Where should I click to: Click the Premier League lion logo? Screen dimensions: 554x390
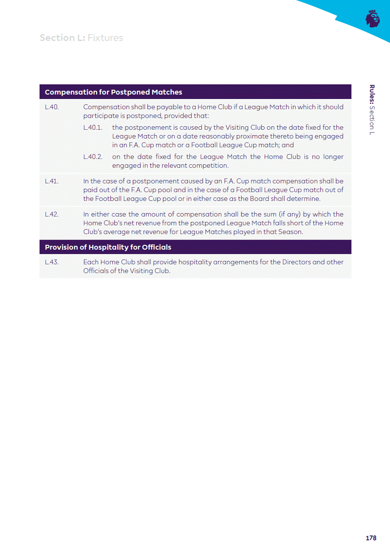click(x=372, y=19)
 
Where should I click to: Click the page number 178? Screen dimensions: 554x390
click(x=371, y=538)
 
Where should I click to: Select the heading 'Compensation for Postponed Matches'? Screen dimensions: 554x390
click(x=113, y=92)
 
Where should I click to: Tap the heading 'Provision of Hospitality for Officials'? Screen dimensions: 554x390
click(x=108, y=247)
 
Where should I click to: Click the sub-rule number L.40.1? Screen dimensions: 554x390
click(x=92, y=127)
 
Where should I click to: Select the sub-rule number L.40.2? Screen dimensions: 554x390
click(x=93, y=157)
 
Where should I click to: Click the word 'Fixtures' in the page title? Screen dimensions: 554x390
click(x=105, y=38)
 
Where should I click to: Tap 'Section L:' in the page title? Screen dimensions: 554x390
click(x=62, y=38)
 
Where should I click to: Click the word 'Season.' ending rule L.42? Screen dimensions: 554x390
click(x=289, y=232)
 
